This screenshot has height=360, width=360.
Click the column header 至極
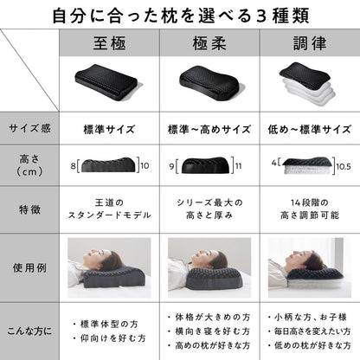tap(109, 43)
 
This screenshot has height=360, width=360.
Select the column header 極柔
tap(209, 43)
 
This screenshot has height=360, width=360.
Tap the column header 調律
tap(310, 43)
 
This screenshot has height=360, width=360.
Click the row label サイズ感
tap(29, 128)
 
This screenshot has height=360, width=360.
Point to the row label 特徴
tap(29, 209)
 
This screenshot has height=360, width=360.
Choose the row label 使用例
tap(29, 268)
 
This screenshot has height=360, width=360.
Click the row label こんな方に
tap(29, 331)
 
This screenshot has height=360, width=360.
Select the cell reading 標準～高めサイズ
tap(209, 129)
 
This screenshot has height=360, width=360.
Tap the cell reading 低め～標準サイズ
tap(310, 129)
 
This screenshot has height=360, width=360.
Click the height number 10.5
tap(344, 167)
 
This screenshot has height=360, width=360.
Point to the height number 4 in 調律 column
tap(273, 163)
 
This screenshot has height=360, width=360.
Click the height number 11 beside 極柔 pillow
tap(239, 166)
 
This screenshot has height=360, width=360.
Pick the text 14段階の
tap(310, 202)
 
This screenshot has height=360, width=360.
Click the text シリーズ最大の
tap(209, 202)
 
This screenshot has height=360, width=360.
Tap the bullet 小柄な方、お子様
tap(311, 318)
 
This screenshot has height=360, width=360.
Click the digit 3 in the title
tap(260, 16)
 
